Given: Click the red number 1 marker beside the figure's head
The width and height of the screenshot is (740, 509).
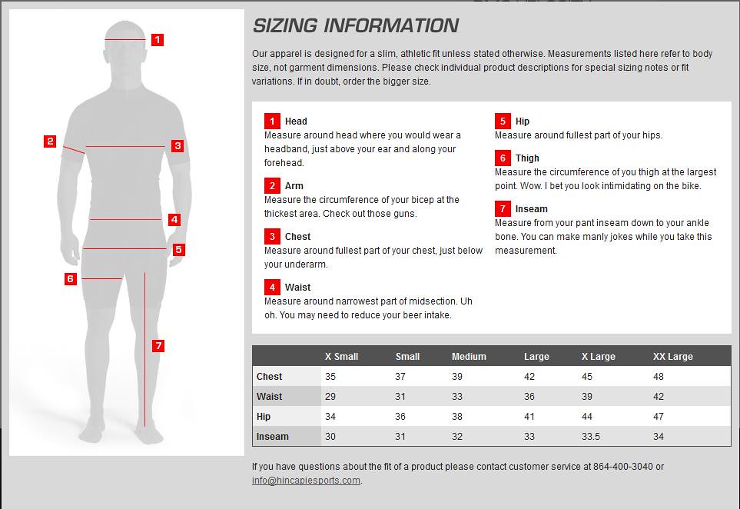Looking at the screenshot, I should click(x=158, y=39).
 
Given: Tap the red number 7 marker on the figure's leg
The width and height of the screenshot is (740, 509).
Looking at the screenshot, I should click(x=158, y=346).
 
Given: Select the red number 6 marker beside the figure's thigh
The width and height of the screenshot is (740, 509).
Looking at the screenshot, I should click(x=71, y=278).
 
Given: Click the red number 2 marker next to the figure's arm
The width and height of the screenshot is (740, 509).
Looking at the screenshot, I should click(x=50, y=141).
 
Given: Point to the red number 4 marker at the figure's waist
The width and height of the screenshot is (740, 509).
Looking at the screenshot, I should click(x=174, y=220).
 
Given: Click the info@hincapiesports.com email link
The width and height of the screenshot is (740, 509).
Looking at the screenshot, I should click(x=306, y=481).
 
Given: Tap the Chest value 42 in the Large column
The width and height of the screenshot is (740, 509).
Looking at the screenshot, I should click(x=529, y=377).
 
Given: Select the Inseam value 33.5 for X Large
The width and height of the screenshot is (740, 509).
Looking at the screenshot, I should click(x=591, y=437).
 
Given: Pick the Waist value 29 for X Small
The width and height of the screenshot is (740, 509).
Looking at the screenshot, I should click(x=330, y=397).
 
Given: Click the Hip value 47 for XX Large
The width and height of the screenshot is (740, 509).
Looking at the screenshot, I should click(x=659, y=417).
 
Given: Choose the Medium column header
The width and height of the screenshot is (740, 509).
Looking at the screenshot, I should click(x=469, y=357).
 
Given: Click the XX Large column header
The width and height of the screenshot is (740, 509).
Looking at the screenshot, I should click(x=672, y=357).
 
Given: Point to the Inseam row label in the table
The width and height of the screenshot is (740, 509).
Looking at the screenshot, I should click(x=273, y=437).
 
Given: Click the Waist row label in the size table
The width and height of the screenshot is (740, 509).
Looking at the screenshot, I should click(x=270, y=397).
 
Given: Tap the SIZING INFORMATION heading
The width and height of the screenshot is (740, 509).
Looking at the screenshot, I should click(x=355, y=26).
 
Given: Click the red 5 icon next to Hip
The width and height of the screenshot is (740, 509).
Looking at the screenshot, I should click(x=503, y=121).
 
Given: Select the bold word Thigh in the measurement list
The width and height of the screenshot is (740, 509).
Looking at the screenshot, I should click(x=527, y=158).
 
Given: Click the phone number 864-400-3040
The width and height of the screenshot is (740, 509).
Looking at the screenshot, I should click(x=620, y=467).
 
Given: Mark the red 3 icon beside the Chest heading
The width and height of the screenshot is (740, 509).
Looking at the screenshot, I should click(x=272, y=236).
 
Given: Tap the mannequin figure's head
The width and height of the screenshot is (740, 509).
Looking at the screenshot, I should click(x=125, y=46).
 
